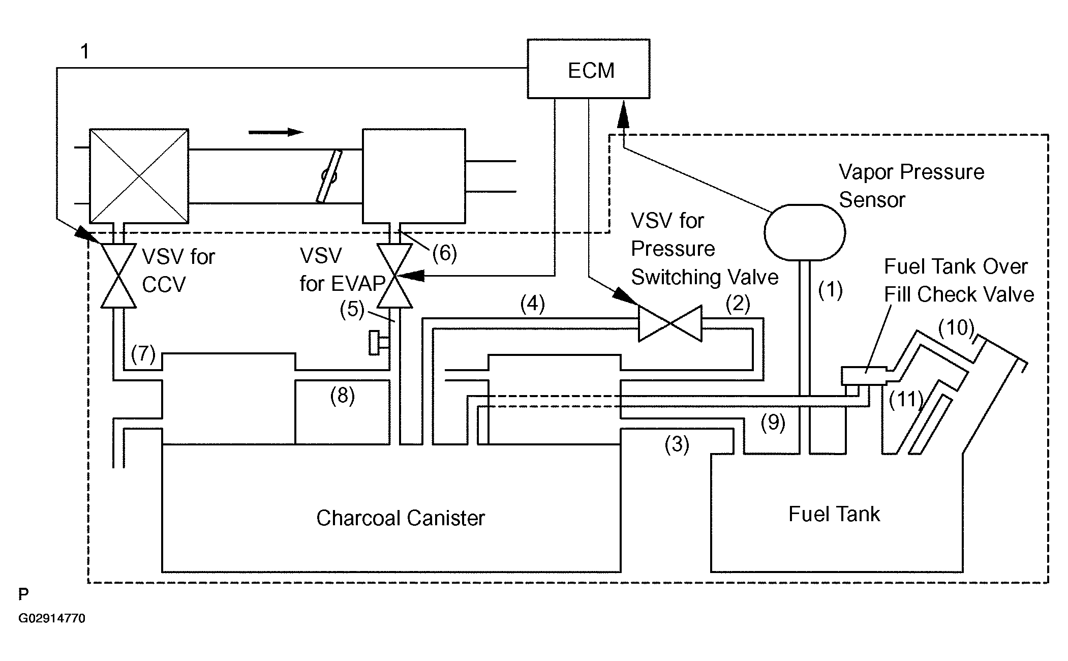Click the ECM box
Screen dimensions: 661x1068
tap(588, 69)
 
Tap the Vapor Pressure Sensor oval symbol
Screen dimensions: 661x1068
tap(805, 232)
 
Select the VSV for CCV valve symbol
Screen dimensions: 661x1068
tap(118, 276)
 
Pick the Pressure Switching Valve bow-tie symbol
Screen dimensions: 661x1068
tap(670, 323)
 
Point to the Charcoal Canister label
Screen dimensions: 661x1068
tap(400, 518)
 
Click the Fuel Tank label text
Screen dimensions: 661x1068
tap(834, 514)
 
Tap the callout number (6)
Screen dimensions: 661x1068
tap(444, 253)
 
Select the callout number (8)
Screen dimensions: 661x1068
tap(342, 395)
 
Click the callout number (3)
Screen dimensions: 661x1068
tap(677, 444)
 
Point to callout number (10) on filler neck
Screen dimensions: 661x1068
tap(956, 328)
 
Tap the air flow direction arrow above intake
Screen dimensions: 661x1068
tap(276, 132)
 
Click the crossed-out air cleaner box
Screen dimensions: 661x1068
tap(139, 176)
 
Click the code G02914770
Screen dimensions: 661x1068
tap(52, 618)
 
